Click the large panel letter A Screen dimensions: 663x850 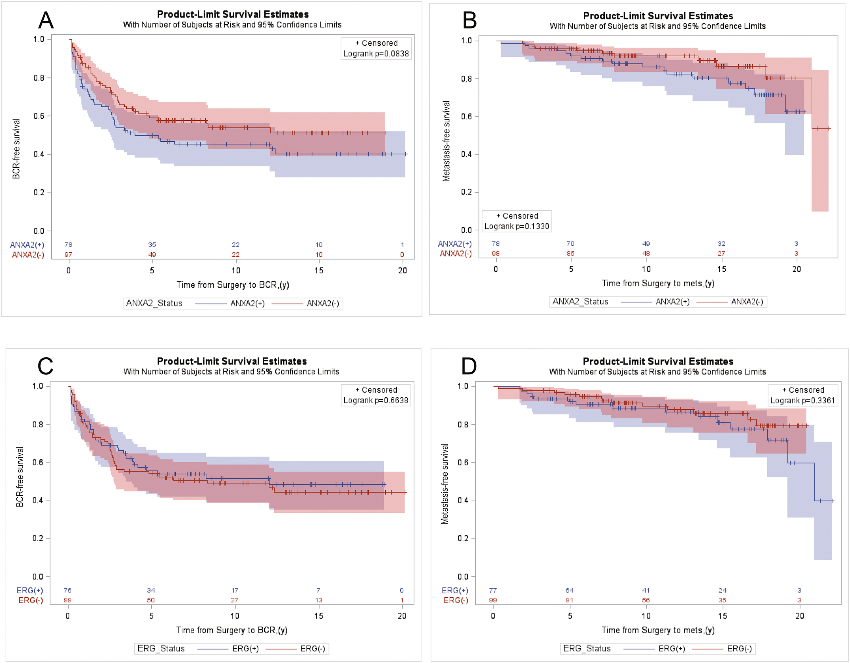pyautogui.click(x=46, y=20)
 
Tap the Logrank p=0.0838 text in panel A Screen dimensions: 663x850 pyautogui.click(x=376, y=54)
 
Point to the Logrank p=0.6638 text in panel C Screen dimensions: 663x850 pyautogui.click(x=376, y=400)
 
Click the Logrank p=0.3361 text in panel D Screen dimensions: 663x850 pyautogui.click(x=802, y=400)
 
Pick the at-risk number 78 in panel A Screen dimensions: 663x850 pyautogui.click(x=69, y=245)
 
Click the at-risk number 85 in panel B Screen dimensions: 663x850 pyautogui.click(x=571, y=253)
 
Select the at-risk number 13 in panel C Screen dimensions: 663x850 pyautogui.click(x=318, y=600)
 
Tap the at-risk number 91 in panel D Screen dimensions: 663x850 pyautogui.click(x=569, y=600)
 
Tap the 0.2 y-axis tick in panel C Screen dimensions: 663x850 pyautogui.click(x=38, y=538)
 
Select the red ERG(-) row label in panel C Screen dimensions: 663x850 pyautogui.click(x=31, y=600)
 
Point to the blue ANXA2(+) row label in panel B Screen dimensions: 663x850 pyautogui.click(x=454, y=244)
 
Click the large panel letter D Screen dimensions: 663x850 pyautogui.click(x=469, y=366)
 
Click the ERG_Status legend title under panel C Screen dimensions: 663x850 pyautogui.click(x=161, y=649)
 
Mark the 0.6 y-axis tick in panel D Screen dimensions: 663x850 pyautogui.click(x=463, y=462)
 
